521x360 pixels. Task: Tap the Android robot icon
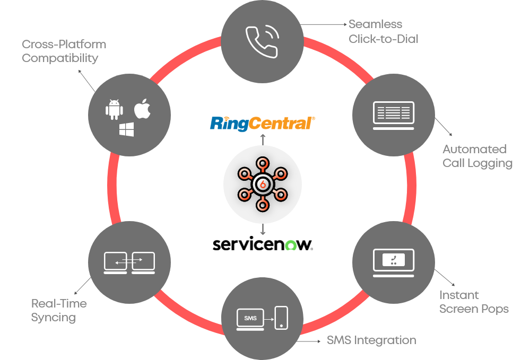[x=114, y=109]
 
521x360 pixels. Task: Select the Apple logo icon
[x=142, y=108]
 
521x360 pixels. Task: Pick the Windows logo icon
[x=127, y=130]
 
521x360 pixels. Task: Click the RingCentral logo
[x=263, y=123]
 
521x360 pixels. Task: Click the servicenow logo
[x=263, y=244]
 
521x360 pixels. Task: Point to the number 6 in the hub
[x=262, y=184]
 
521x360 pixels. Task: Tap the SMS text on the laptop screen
[x=250, y=318]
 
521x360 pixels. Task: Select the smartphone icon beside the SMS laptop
[x=281, y=318]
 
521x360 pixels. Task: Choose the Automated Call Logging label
[x=477, y=156]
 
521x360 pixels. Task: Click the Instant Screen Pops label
[x=474, y=302]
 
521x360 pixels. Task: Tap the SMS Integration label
[x=371, y=340]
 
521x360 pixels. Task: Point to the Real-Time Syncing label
[x=58, y=310]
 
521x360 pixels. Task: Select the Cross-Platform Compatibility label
[x=64, y=51]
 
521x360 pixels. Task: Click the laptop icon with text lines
[x=393, y=115]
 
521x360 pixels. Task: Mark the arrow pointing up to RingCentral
[x=263, y=139]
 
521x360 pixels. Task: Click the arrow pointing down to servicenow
[x=263, y=229]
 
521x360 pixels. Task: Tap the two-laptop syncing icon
[x=129, y=262]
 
